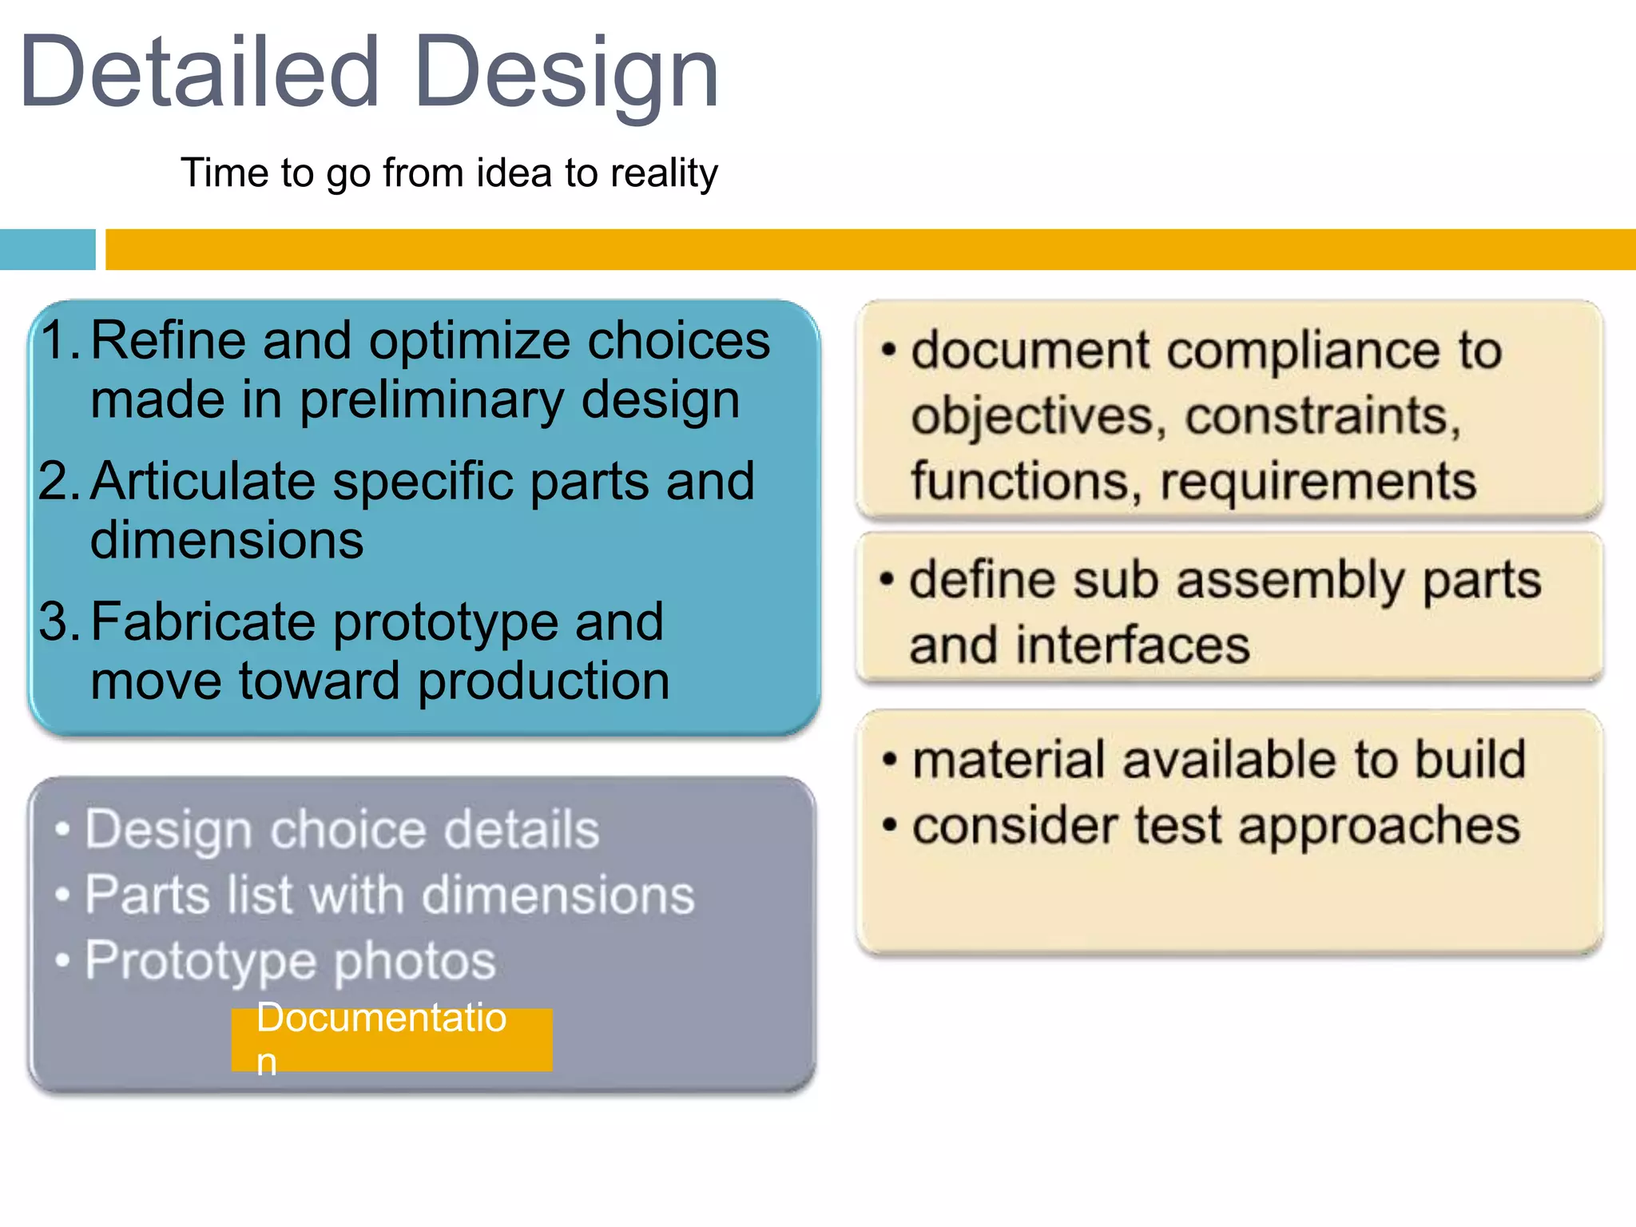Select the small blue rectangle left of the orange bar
point(47,249)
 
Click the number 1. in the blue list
point(61,340)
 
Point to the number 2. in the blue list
point(59,482)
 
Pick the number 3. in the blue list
point(60,622)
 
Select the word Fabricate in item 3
point(203,622)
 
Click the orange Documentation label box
point(391,1039)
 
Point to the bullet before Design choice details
point(62,831)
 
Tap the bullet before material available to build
point(889,760)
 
